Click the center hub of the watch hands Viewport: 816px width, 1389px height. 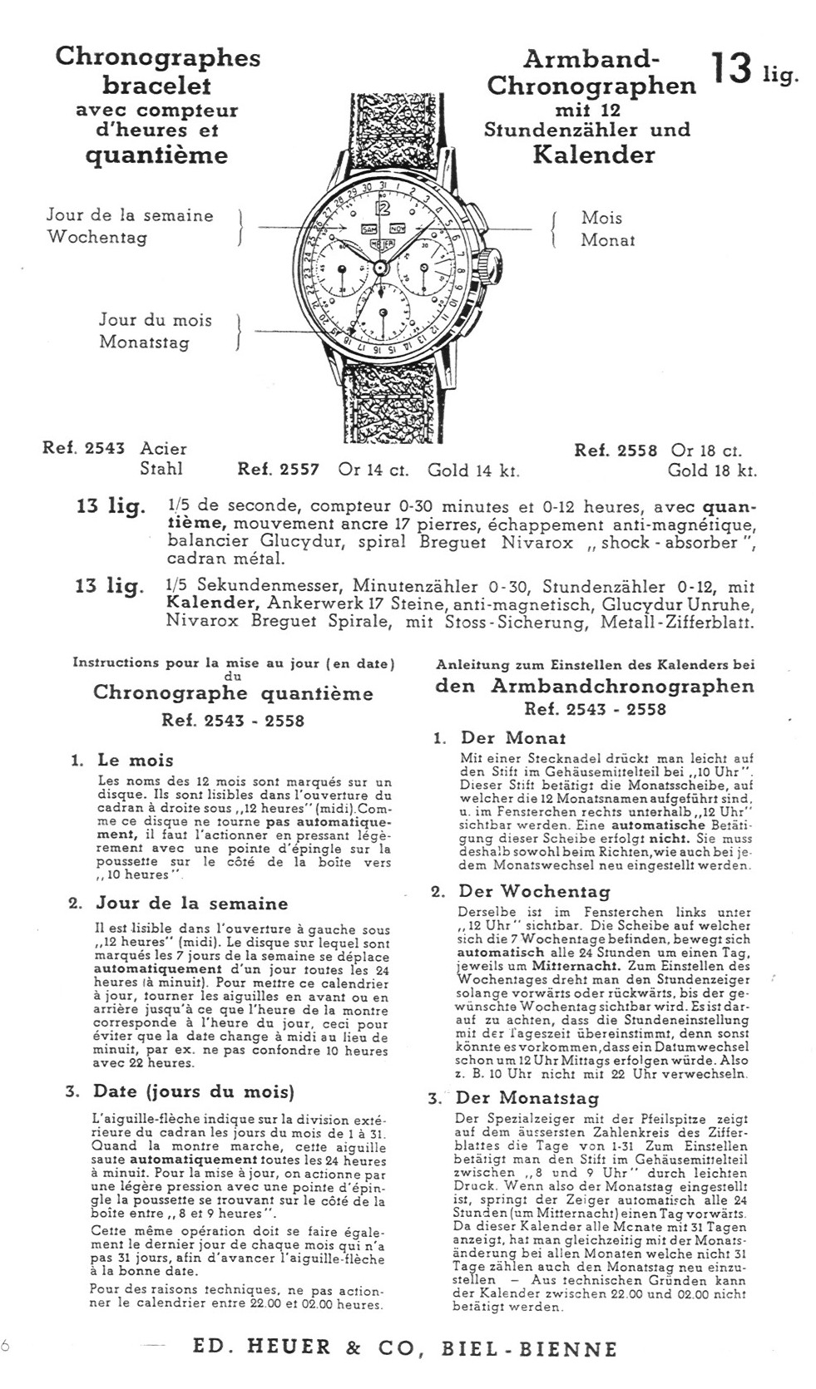tap(382, 267)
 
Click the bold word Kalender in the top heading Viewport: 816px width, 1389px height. tap(594, 155)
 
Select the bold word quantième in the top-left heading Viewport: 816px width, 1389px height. tap(157, 155)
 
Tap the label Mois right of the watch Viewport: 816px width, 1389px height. tap(601, 218)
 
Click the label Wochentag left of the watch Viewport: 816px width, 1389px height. tap(97, 237)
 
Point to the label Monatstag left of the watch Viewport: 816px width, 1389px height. tap(144, 342)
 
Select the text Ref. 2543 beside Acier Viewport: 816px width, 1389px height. tap(83, 449)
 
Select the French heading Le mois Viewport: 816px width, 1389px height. tap(136, 760)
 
